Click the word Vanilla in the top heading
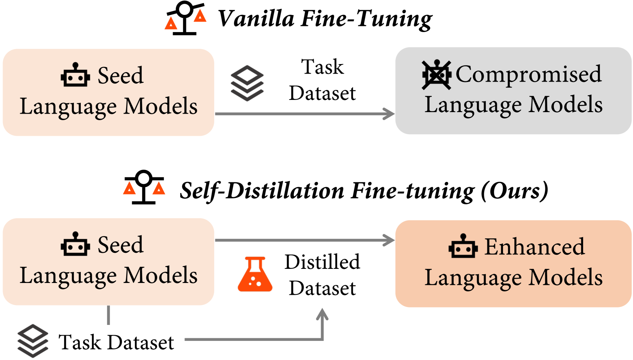coord(256,19)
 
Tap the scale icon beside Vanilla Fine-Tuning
coord(185,19)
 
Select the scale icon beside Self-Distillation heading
coord(144,187)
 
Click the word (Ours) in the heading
coord(514,190)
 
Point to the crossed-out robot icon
coord(436,75)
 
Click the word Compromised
coord(529,74)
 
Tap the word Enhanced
coord(534,247)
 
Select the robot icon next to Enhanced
coord(463,247)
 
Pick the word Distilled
coord(322,262)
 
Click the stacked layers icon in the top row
coord(247,83)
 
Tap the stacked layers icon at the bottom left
coord(33,341)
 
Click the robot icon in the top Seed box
coord(75,75)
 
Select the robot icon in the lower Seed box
coord(75,244)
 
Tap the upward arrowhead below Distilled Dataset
coord(322,314)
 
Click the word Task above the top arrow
coord(322,67)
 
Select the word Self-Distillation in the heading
coord(262,190)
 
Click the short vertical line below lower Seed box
coord(109,315)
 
